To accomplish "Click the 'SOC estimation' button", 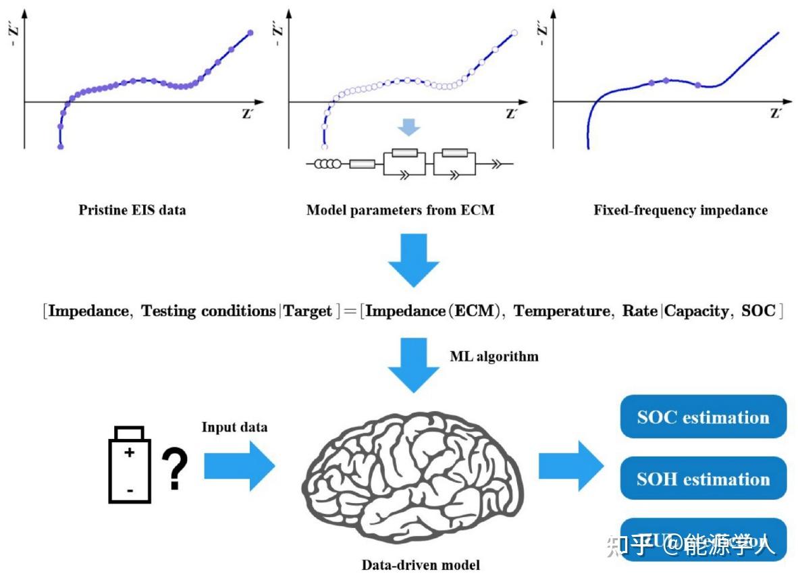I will click(x=703, y=417).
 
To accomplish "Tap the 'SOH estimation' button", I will click(x=703, y=479).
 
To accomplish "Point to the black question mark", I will click(x=174, y=471).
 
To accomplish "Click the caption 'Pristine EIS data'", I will click(x=132, y=210).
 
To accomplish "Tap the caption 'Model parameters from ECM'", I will click(x=400, y=210).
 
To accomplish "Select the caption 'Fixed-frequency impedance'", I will click(x=681, y=210).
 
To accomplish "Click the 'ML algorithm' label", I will click(x=494, y=356).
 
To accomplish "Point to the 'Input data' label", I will click(x=234, y=427).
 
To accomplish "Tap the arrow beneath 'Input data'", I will click(x=240, y=466).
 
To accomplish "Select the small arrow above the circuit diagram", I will click(x=410, y=127).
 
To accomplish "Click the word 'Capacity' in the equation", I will click(x=697, y=311).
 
